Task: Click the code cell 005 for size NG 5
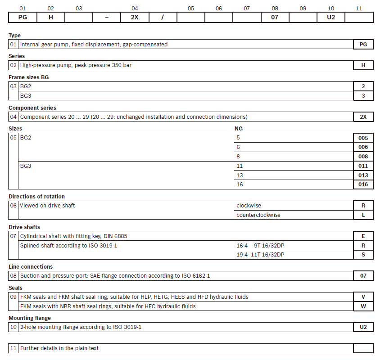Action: (x=363, y=138)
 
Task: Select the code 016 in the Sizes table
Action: (x=363, y=184)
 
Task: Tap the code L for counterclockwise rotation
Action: (x=363, y=215)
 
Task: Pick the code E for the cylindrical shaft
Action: (x=363, y=236)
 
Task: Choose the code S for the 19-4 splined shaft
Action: (x=363, y=255)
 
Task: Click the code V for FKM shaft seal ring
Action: (x=363, y=297)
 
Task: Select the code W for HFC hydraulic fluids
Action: (x=363, y=306)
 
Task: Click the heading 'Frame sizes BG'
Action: (x=29, y=77)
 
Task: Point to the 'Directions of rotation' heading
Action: (x=36, y=196)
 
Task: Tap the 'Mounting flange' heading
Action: (x=30, y=318)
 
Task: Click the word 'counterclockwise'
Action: (x=258, y=215)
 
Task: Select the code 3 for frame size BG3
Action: (x=363, y=96)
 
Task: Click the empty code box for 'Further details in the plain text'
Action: (x=363, y=348)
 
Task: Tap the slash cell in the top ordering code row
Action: (x=163, y=18)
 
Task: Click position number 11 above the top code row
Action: (x=359, y=8)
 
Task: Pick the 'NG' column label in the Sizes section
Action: (x=239, y=129)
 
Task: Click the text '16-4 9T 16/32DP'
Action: (x=260, y=245)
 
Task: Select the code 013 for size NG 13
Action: (x=363, y=175)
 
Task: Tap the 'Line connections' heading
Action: (x=31, y=267)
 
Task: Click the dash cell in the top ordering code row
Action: (x=107, y=18)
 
